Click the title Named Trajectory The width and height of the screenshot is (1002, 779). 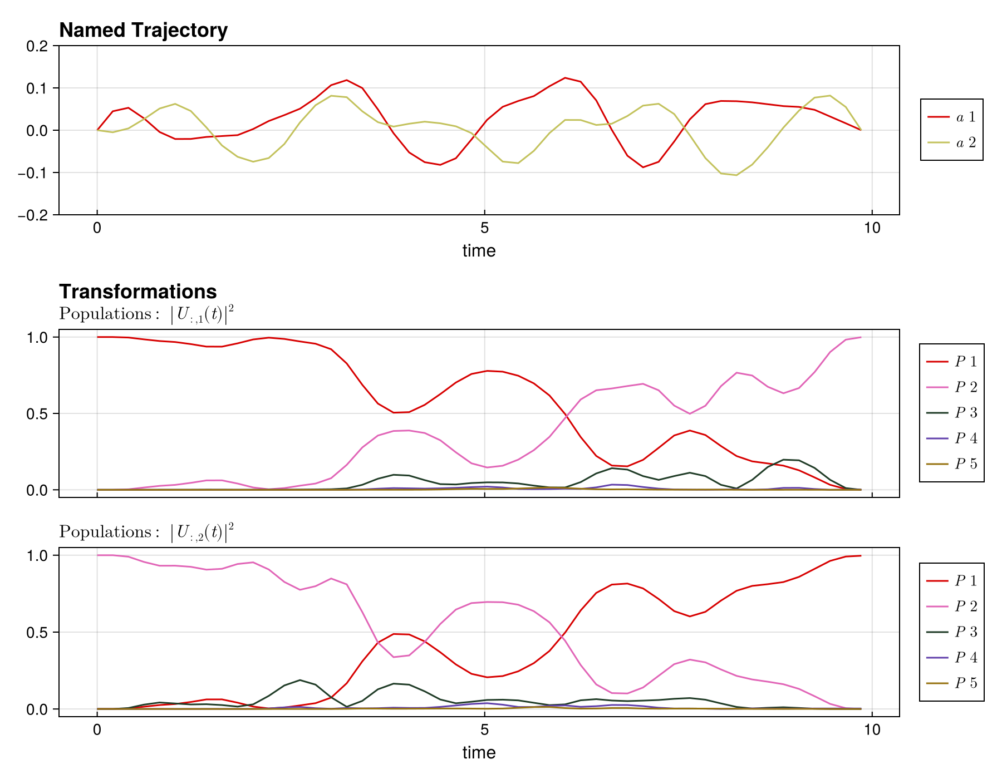point(143,30)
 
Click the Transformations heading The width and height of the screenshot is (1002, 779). point(137,292)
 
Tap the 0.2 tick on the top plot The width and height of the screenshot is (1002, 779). point(37,46)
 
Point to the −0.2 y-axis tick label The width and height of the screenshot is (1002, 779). point(35,215)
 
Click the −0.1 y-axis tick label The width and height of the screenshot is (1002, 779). point(35,172)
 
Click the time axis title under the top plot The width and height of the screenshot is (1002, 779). point(479,251)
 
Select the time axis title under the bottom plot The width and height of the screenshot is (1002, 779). point(479,753)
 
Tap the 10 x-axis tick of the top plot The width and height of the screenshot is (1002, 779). point(872,228)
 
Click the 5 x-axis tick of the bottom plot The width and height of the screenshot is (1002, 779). point(484,730)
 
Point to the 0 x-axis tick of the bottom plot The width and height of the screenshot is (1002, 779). point(97,730)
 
